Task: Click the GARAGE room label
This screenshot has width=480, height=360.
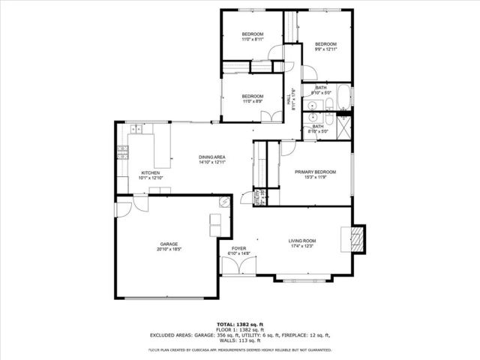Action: click(x=168, y=244)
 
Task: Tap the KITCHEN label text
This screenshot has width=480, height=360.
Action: click(x=151, y=173)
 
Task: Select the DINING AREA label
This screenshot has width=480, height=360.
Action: click(x=212, y=157)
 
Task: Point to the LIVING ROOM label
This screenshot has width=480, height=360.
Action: click(x=303, y=241)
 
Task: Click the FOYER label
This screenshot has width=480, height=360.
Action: click(x=238, y=248)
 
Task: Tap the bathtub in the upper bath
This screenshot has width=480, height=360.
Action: click(x=341, y=97)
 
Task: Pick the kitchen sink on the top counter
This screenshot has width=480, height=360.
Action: click(x=137, y=130)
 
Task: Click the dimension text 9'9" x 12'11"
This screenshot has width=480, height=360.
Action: click(x=325, y=49)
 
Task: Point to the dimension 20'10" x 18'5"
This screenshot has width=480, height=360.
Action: click(x=168, y=250)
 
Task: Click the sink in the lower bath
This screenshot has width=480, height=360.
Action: click(x=313, y=118)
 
